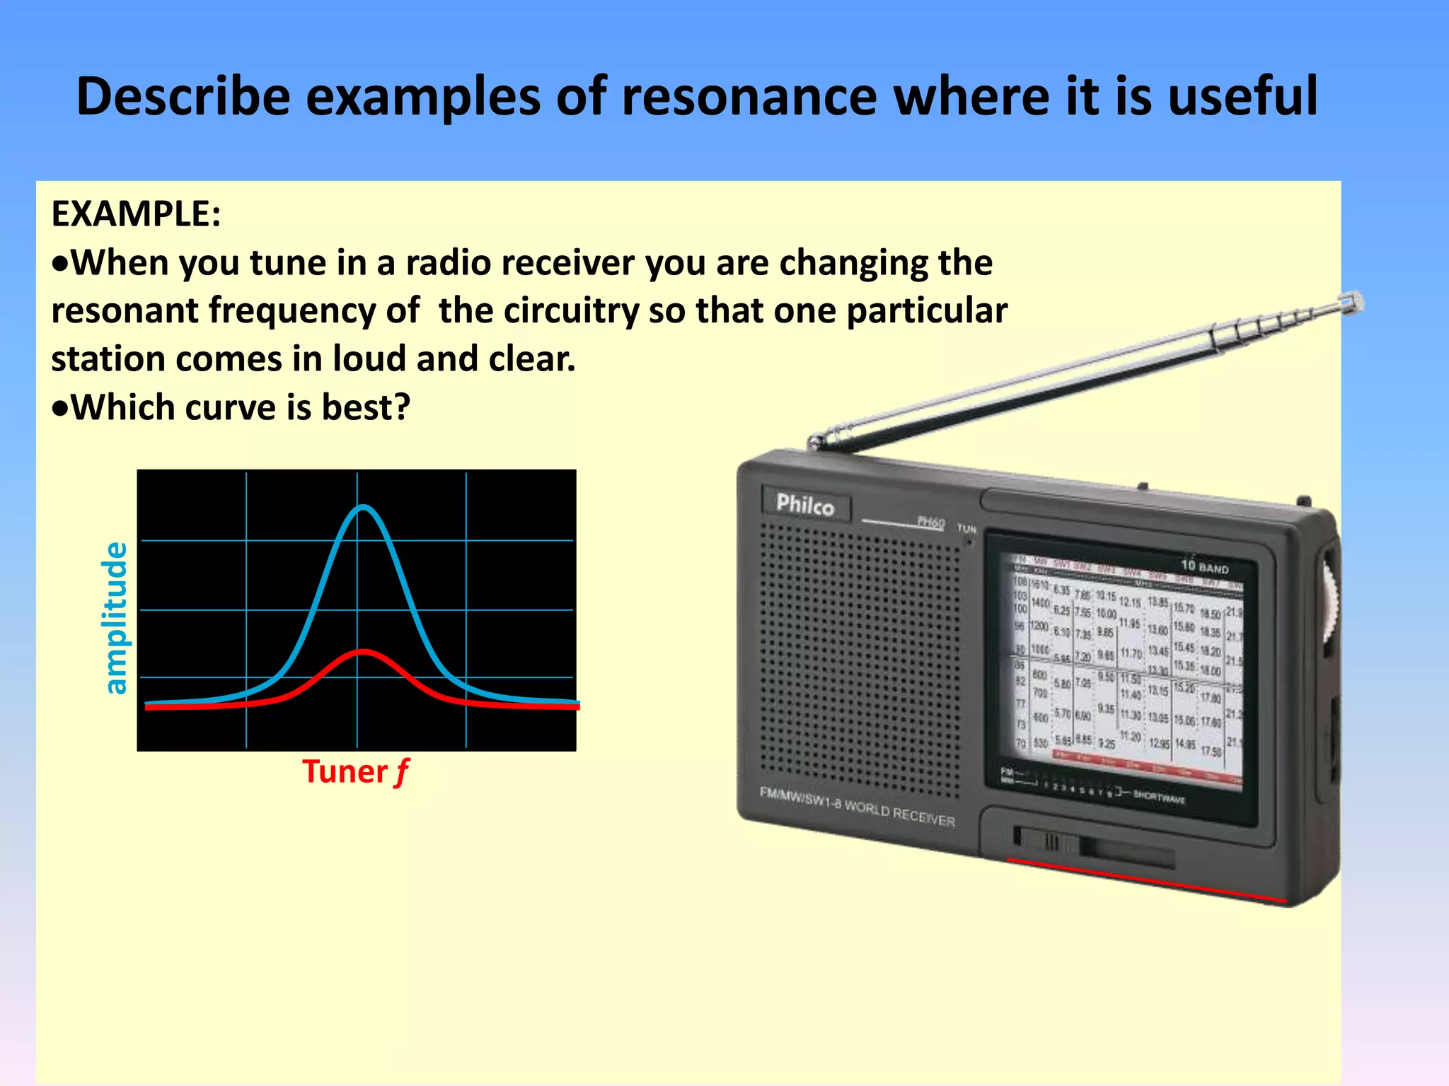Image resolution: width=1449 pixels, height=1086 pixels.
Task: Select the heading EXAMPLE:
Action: (136, 214)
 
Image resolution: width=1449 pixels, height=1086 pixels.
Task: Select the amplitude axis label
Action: (115, 618)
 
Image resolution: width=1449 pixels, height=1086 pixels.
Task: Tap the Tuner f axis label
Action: (355, 771)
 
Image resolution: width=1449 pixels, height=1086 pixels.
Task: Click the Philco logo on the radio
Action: (805, 505)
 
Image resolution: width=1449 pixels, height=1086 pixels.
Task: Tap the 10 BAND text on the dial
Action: (1204, 566)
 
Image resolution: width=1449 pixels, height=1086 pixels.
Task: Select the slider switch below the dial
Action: (1049, 841)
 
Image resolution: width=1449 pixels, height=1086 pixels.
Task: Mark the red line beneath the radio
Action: (1146, 880)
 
